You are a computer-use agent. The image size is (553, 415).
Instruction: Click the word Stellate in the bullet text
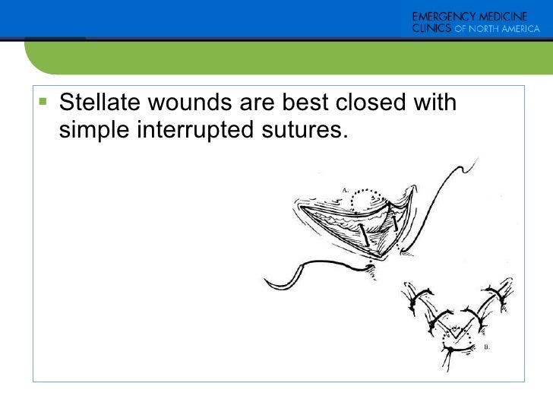pyautogui.click(x=97, y=102)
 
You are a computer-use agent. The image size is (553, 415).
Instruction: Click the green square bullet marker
pyautogui.click(x=42, y=101)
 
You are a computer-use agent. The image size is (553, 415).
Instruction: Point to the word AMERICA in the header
pyautogui.click(x=519, y=30)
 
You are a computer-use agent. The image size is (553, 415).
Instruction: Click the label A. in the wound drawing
pyautogui.click(x=345, y=188)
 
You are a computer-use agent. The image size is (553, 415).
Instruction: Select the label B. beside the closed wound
pyautogui.click(x=487, y=347)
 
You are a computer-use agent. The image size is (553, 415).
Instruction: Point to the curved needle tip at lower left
pyautogui.click(x=267, y=284)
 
